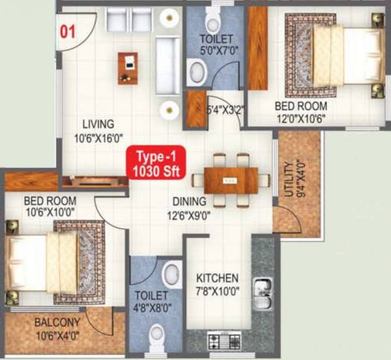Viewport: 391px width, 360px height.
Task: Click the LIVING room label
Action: click(x=98, y=123)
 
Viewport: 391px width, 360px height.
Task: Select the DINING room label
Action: click(x=190, y=202)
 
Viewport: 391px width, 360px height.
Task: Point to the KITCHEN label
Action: click(x=217, y=278)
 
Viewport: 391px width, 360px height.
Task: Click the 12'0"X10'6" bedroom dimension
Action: click(x=300, y=117)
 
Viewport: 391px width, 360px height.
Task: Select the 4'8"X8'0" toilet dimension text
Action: click(x=152, y=307)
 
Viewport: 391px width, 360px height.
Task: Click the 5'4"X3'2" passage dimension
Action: click(x=225, y=110)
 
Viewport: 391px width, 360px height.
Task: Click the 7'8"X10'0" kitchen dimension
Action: click(x=217, y=291)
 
